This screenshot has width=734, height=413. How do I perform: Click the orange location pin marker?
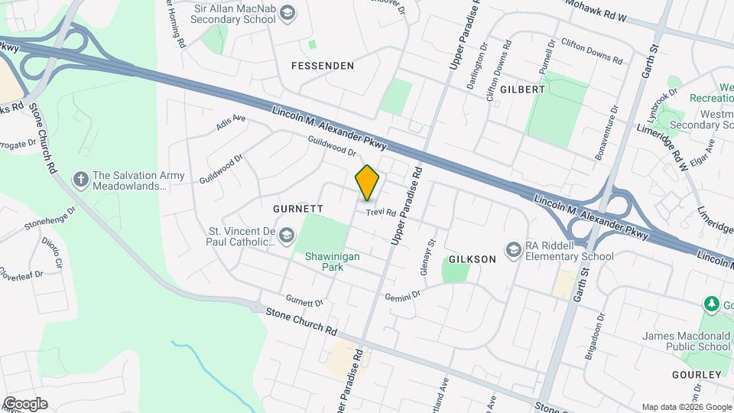coord(368,182)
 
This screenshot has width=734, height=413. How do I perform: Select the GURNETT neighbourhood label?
coord(298,209)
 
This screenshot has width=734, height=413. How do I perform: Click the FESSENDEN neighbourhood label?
coord(323,66)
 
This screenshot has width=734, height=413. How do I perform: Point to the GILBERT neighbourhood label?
coord(522,89)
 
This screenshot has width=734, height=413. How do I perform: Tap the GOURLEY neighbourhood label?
coord(697,374)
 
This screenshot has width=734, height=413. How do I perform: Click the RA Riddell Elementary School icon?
coord(514,249)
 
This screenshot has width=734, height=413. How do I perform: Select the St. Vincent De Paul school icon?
coord(286,235)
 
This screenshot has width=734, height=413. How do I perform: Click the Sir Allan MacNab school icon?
coord(287,12)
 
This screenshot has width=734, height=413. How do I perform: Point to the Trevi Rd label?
coord(380,213)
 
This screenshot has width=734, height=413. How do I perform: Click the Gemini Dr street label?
coord(403,296)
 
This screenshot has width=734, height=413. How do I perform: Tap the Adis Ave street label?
coord(231,122)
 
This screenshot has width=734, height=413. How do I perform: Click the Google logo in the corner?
coord(24,403)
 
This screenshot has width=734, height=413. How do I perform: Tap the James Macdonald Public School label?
coord(687,340)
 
